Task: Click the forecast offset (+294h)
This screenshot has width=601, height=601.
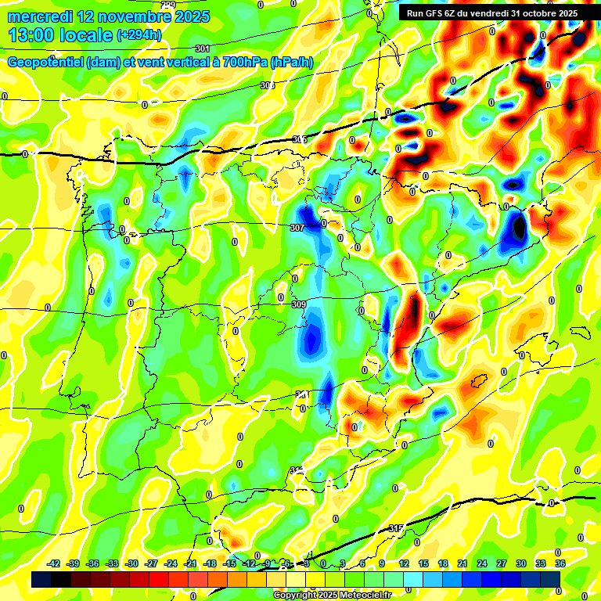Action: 139,35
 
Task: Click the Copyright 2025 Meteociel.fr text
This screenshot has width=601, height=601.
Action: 332,595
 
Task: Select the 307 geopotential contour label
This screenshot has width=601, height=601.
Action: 297,228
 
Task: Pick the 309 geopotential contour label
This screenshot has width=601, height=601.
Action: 298,304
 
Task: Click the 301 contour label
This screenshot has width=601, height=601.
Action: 203,49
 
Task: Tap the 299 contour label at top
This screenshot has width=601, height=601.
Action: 166,5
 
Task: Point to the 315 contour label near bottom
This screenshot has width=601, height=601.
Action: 396,529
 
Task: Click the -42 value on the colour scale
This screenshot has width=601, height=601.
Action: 54,563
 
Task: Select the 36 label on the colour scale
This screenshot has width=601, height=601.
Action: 560,563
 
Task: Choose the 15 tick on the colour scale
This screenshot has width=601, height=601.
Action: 423,563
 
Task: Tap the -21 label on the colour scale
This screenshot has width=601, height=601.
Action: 190,563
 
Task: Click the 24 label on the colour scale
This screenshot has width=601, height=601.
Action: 482,563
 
